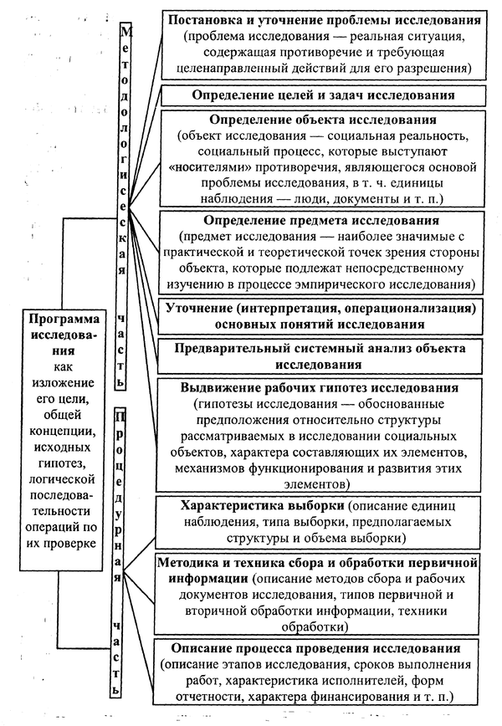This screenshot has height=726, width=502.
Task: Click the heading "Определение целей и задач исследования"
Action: click(x=323, y=95)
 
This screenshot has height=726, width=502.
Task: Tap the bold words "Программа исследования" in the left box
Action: click(x=64, y=328)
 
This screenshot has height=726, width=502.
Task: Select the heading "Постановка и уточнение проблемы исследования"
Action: click(x=324, y=19)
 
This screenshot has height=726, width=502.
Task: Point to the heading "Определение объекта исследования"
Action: click(x=323, y=120)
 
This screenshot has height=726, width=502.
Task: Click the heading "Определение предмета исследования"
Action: click(x=323, y=221)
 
